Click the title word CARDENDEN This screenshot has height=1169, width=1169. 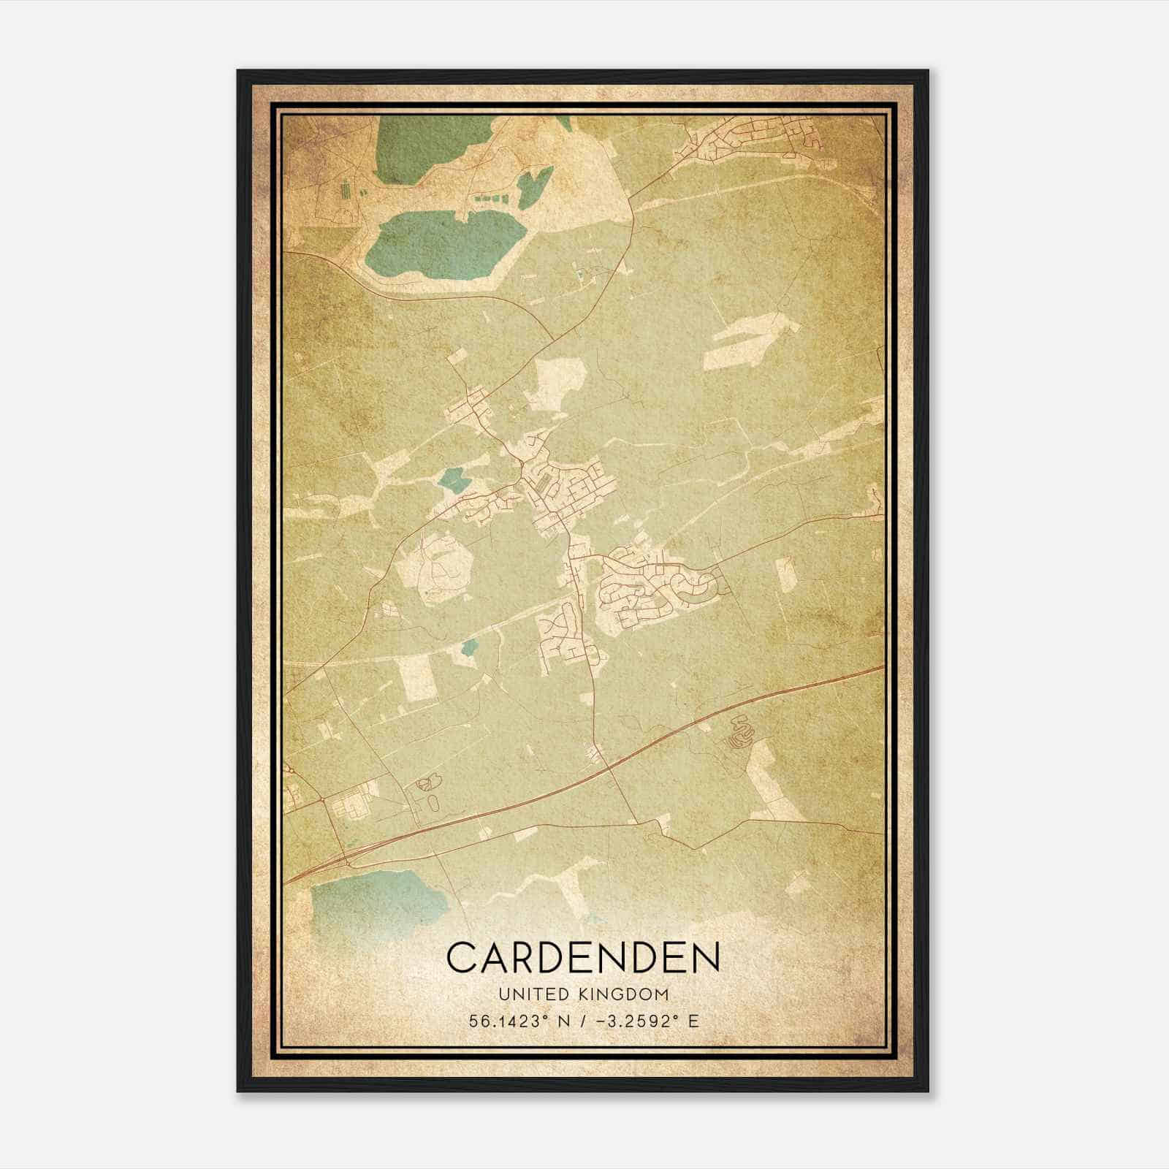click(x=583, y=958)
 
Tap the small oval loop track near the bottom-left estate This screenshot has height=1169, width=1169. click(x=433, y=802)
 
